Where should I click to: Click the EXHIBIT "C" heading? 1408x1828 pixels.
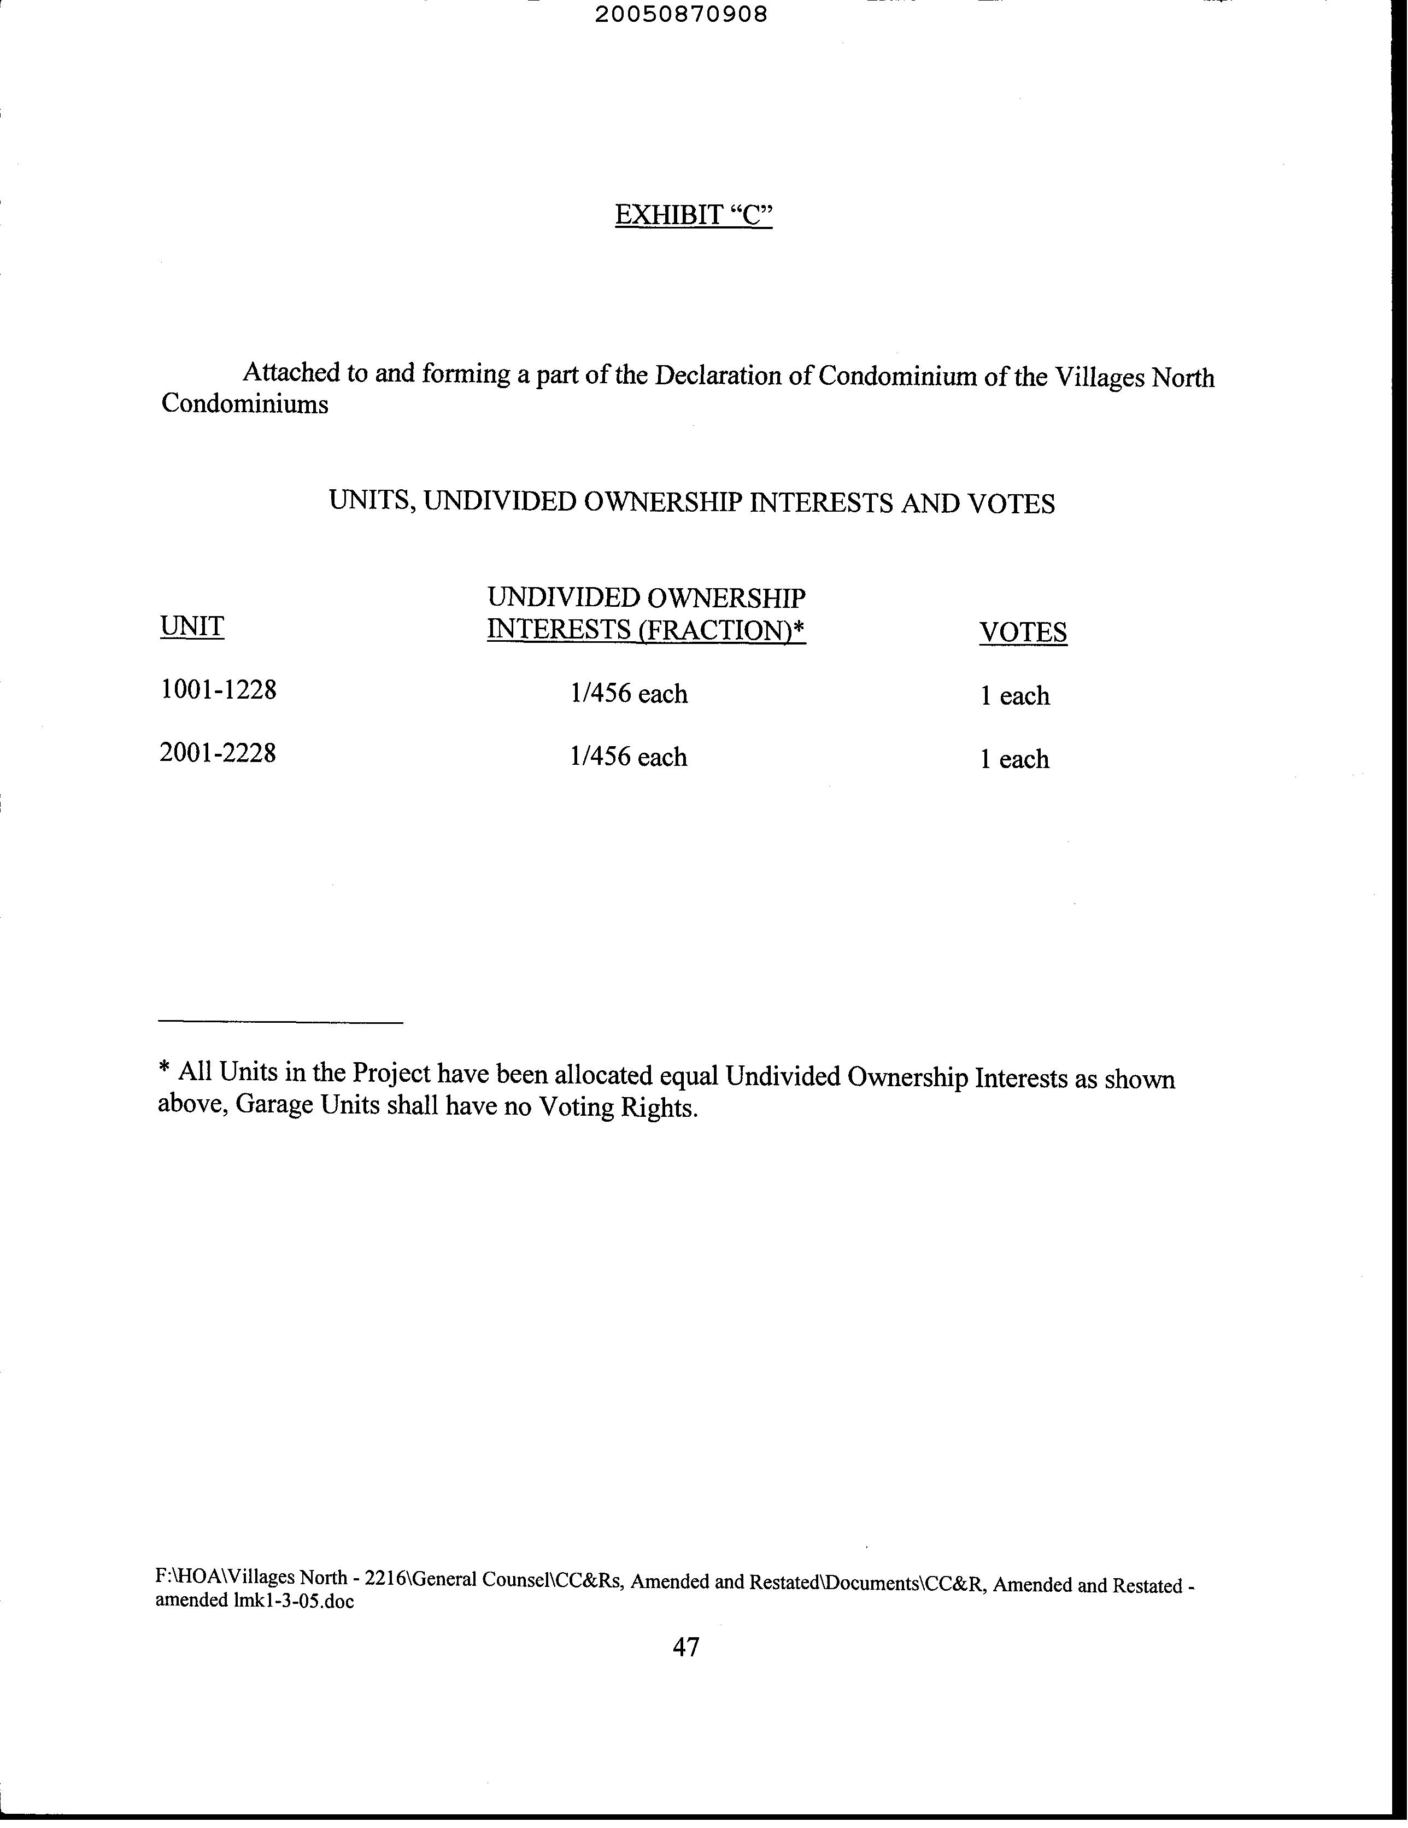(x=693, y=215)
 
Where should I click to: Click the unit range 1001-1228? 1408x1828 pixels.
(x=218, y=690)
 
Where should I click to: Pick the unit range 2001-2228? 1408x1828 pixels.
(x=218, y=753)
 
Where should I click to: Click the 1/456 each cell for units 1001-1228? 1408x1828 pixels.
(x=629, y=694)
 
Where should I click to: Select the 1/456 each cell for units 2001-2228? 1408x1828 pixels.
(x=628, y=757)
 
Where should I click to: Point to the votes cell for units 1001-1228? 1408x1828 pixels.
(x=1014, y=695)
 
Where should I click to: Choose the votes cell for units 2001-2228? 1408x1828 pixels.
(x=1014, y=759)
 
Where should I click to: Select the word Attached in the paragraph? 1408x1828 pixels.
(x=292, y=372)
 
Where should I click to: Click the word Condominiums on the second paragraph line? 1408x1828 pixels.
(x=244, y=405)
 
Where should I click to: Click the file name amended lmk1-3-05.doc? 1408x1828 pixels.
(x=255, y=1601)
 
